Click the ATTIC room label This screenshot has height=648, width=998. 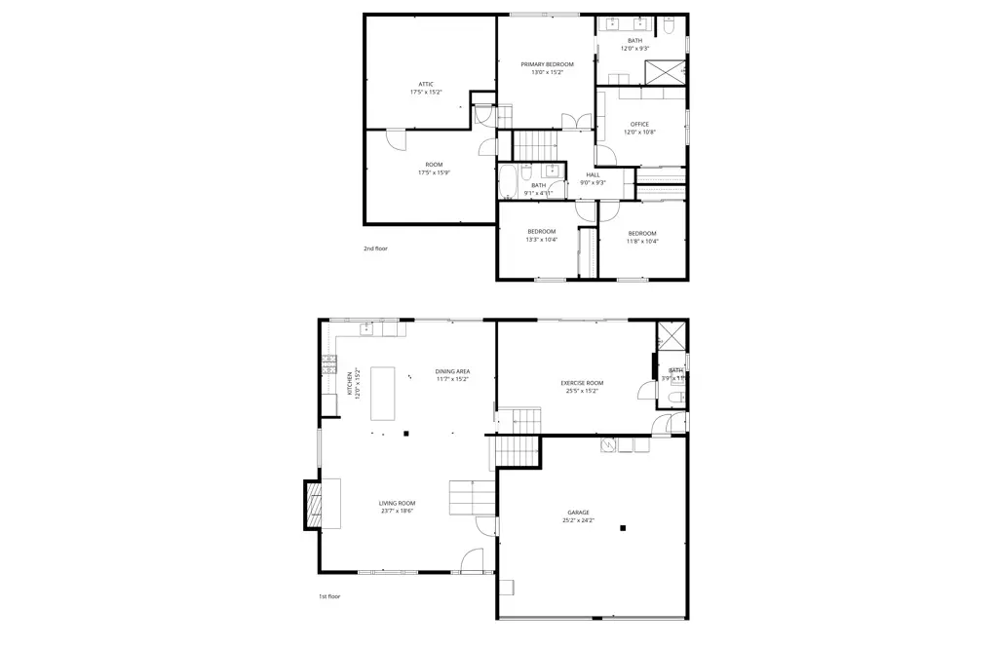(x=426, y=84)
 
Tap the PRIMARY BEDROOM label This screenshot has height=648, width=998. (x=547, y=64)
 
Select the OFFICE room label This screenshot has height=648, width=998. (x=639, y=124)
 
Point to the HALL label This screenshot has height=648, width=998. (x=593, y=174)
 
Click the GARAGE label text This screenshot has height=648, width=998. (x=578, y=513)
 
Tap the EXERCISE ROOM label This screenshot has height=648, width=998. (x=582, y=383)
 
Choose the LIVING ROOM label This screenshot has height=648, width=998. (x=397, y=503)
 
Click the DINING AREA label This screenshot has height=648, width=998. (x=452, y=371)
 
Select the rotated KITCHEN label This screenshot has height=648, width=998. (x=350, y=382)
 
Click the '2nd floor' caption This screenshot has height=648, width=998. (x=375, y=248)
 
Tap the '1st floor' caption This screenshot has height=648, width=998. (x=329, y=596)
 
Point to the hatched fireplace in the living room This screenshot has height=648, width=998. (x=314, y=504)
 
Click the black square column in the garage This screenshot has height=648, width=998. (x=623, y=529)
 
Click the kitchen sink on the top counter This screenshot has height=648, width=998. (x=367, y=328)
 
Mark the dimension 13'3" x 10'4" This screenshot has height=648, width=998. (x=541, y=240)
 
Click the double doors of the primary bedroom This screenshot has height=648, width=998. (x=576, y=121)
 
